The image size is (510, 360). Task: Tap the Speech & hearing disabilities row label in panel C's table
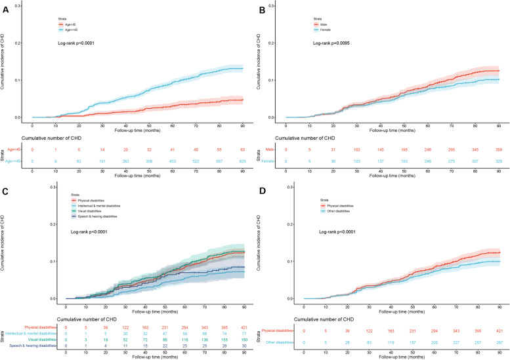click(29, 338)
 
